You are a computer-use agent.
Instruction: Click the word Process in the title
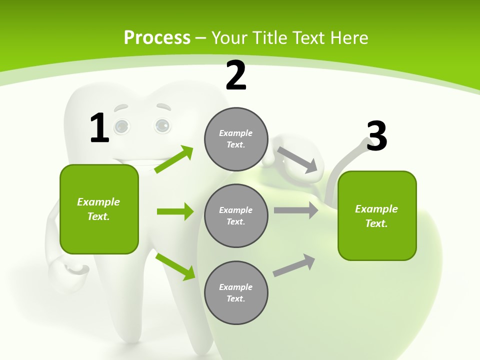tap(157, 38)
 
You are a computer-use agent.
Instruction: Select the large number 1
tap(99, 128)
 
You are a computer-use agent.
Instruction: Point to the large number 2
tap(236, 75)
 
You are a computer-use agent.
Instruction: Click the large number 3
tap(376, 136)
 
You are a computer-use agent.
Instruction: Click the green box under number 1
tap(99, 209)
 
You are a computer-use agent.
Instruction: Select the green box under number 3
tap(377, 215)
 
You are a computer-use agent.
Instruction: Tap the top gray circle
tap(236, 139)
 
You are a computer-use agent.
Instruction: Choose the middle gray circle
tap(236, 215)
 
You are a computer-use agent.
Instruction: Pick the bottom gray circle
tap(236, 292)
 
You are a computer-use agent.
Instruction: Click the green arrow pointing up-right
tap(174, 159)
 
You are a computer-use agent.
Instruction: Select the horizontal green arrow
tap(175, 211)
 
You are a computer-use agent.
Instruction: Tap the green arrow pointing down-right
tap(175, 266)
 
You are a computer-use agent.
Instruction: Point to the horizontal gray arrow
tap(296, 210)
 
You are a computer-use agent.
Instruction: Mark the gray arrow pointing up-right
tap(294, 265)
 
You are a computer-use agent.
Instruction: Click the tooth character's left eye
tap(121, 126)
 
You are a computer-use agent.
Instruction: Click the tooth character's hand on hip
tap(75, 270)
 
